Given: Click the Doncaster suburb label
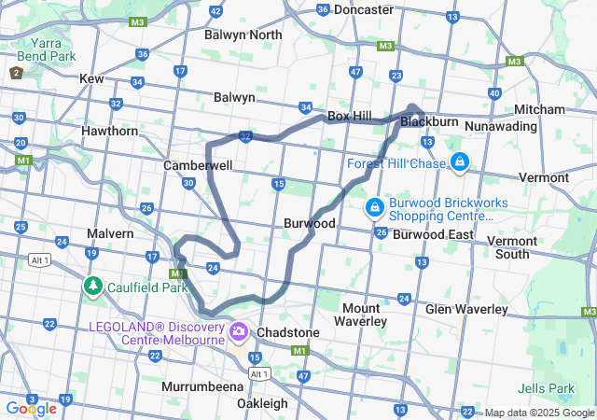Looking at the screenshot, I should coord(364,9).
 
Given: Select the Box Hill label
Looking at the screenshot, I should coord(350,116).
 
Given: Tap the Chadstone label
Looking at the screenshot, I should coord(288,332).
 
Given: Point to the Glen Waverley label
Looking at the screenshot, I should coord(466,309).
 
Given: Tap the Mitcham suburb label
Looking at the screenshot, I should coord(539,109).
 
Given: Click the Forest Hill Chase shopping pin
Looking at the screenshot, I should coord(459,163).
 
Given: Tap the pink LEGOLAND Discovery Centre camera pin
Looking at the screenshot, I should coord(239,331).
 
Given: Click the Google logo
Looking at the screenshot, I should coord(31,408).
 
